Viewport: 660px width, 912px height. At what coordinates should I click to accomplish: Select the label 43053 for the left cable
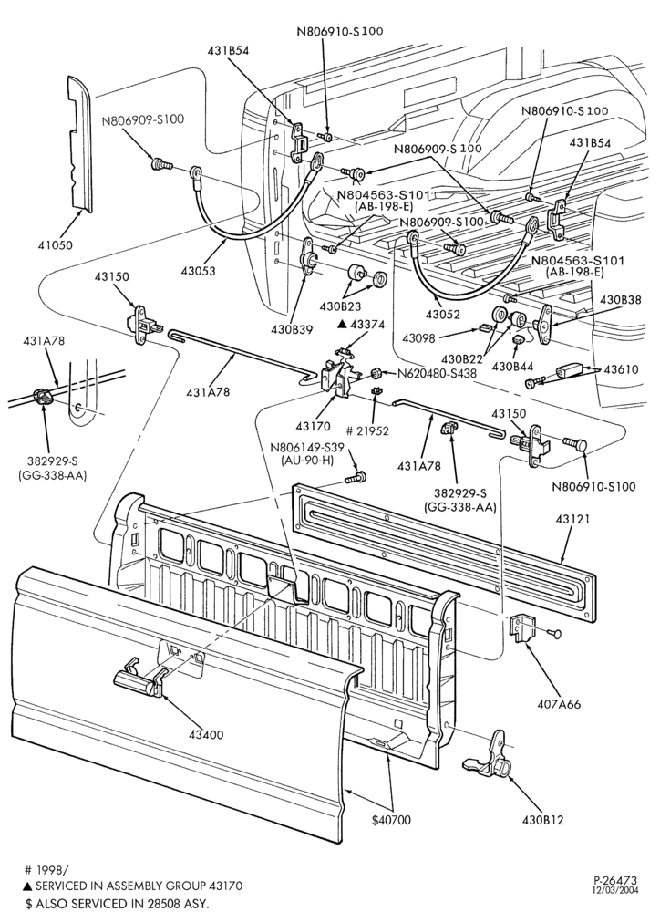point(198,271)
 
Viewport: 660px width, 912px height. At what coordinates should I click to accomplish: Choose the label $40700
point(391,820)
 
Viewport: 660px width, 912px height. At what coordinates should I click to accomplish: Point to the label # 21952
point(367,431)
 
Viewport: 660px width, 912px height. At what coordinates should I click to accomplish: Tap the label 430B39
point(292,328)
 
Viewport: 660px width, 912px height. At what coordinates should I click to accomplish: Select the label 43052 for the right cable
point(442,314)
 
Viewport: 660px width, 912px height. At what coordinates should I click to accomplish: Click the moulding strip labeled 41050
point(79,144)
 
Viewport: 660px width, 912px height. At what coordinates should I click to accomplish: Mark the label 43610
point(621,368)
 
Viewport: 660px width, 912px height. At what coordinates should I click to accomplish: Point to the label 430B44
point(513,367)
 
